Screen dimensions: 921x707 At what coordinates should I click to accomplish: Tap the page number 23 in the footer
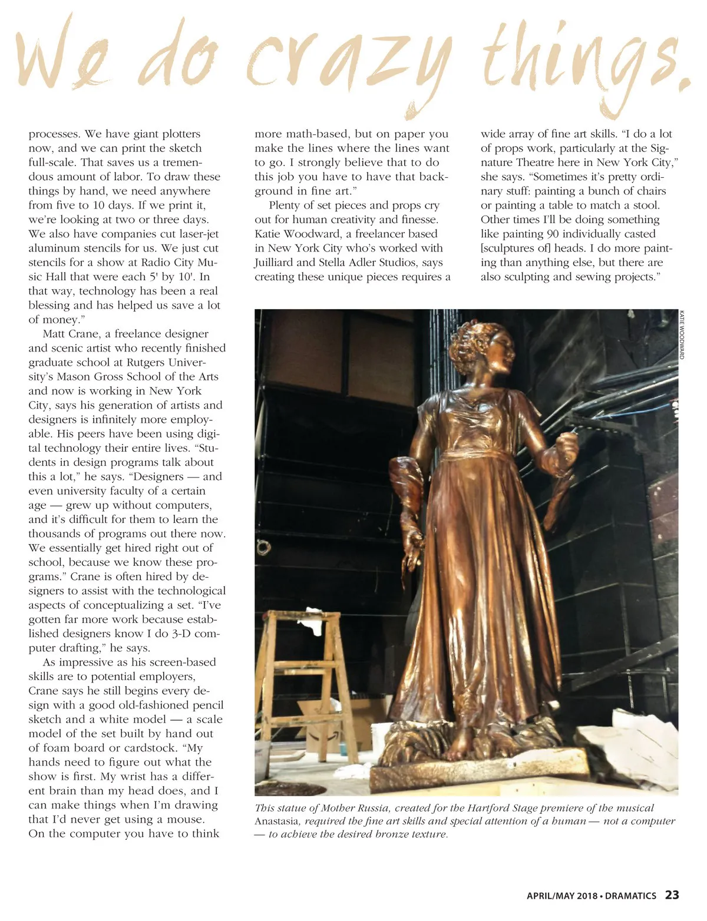pos(672,895)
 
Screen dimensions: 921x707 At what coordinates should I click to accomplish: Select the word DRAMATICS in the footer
pos(630,896)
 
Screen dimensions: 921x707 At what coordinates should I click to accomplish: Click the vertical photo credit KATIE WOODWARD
pos(682,334)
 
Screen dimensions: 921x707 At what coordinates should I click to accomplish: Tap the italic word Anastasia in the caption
pos(279,821)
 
